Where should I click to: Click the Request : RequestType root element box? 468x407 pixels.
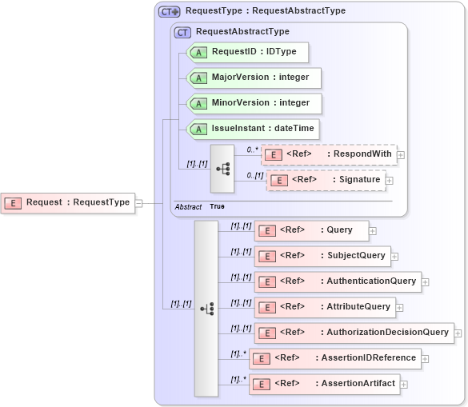click(67, 202)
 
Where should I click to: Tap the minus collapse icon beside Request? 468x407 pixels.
click(138, 203)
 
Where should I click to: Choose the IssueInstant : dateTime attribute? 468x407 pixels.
click(252, 128)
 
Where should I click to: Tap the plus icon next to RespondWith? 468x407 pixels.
click(401, 155)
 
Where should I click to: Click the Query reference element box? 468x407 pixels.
click(311, 230)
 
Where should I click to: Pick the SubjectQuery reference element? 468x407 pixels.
click(322, 256)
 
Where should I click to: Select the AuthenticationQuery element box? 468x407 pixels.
click(338, 281)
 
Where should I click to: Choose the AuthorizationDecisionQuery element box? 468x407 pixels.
click(354, 332)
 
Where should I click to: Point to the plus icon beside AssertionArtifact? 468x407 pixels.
click(404, 385)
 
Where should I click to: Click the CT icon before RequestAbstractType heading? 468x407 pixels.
click(183, 32)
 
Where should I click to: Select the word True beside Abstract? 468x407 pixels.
click(217, 206)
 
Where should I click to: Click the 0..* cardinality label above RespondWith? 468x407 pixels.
click(252, 149)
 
